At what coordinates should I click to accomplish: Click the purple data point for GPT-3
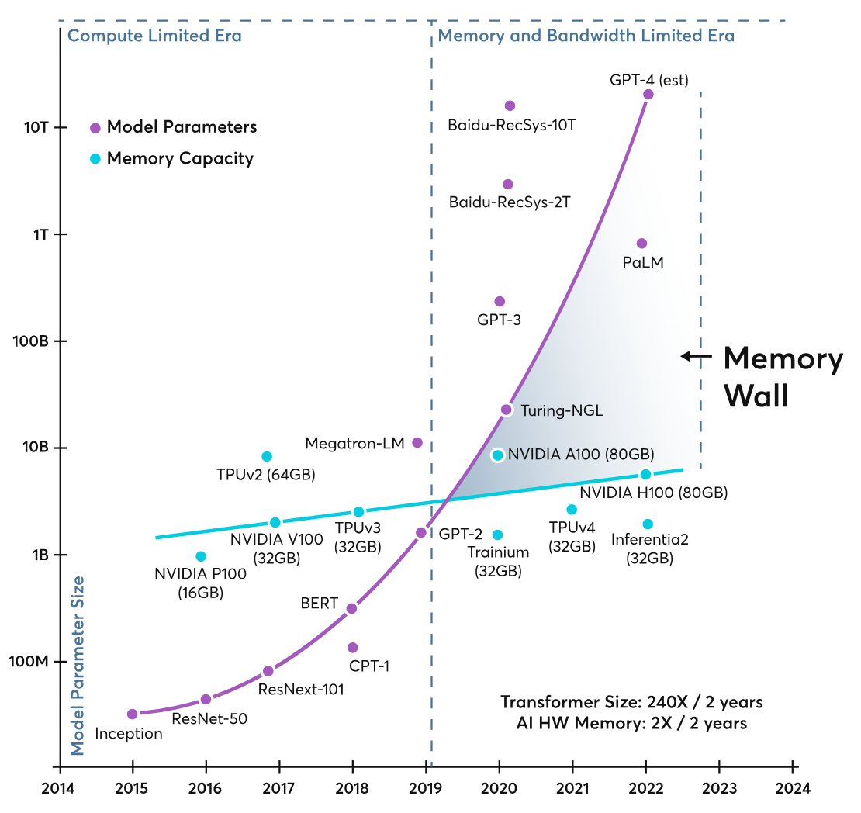pyautogui.click(x=499, y=301)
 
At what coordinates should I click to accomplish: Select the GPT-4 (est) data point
pyautogui.click(x=648, y=94)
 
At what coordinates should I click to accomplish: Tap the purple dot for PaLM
pyautogui.click(x=641, y=244)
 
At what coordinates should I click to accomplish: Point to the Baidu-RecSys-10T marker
pyautogui.click(x=510, y=106)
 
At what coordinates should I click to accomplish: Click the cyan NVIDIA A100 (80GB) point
pyautogui.click(x=497, y=455)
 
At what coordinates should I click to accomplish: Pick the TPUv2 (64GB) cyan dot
pyautogui.click(x=266, y=456)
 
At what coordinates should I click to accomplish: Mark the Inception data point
pyautogui.click(x=132, y=714)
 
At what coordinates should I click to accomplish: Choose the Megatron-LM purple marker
pyautogui.click(x=417, y=442)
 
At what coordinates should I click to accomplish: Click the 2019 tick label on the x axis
pyautogui.click(x=426, y=788)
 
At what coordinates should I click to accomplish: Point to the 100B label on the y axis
pyautogui.click(x=31, y=341)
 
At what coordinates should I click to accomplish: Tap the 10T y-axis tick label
pyautogui.click(x=36, y=127)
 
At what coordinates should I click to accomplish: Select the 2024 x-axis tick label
pyautogui.click(x=793, y=788)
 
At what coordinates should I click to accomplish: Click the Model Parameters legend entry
pyautogui.click(x=174, y=127)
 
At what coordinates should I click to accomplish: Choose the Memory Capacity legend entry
pyautogui.click(x=172, y=159)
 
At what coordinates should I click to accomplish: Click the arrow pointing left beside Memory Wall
pyautogui.click(x=696, y=357)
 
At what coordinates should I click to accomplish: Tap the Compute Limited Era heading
pyautogui.click(x=154, y=36)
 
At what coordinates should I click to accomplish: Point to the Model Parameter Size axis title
pyautogui.click(x=78, y=666)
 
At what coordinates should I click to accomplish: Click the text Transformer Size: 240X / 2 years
pyautogui.click(x=631, y=702)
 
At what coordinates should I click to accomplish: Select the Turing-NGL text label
pyautogui.click(x=562, y=410)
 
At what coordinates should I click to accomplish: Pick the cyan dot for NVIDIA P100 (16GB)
pyautogui.click(x=201, y=556)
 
